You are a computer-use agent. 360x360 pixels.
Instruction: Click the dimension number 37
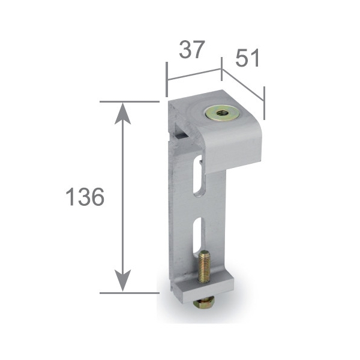(x=192, y=50)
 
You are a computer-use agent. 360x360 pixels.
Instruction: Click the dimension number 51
(x=247, y=58)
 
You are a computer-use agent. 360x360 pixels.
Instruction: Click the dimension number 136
(x=85, y=197)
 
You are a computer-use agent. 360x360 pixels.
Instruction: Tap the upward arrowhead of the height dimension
(x=123, y=113)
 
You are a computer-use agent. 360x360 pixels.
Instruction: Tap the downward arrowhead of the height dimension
(x=123, y=281)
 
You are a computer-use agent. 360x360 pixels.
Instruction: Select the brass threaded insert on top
(x=223, y=113)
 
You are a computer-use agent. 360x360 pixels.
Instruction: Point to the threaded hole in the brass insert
(x=223, y=113)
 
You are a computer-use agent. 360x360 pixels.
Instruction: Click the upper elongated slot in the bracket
(x=198, y=176)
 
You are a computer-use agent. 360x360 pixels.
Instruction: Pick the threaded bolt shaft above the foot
(x=204, y=266)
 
